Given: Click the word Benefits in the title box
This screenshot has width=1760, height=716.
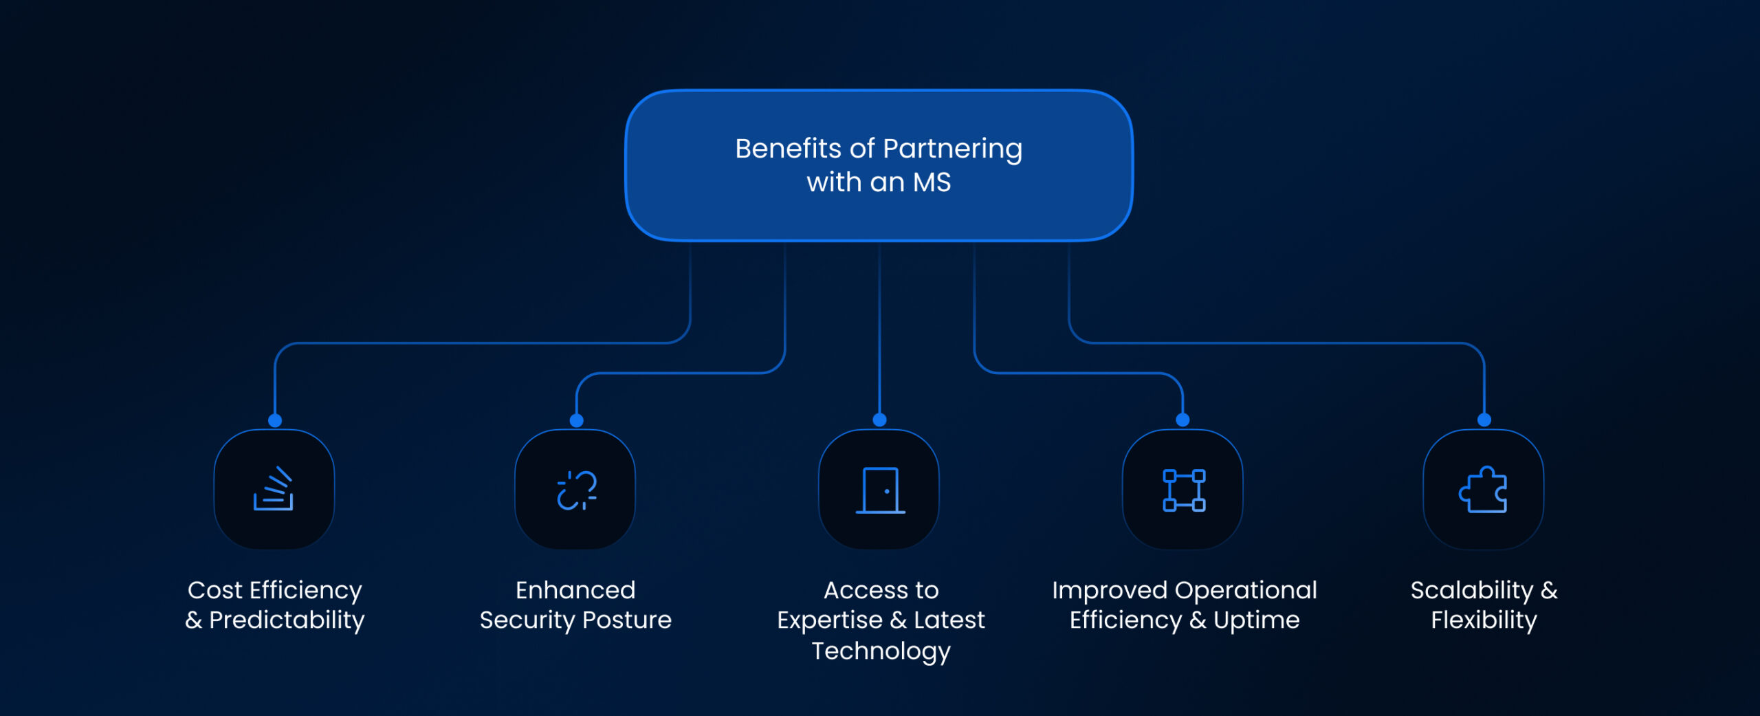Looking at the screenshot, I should coord(788,149).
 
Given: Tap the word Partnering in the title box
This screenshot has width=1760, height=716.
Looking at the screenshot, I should coord(952,149).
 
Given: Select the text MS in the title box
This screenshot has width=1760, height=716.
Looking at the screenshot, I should coord(932,182).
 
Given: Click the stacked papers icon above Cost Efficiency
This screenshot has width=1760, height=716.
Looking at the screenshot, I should coord(274,490).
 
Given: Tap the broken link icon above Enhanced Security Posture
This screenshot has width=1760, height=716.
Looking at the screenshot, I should coord(576,490).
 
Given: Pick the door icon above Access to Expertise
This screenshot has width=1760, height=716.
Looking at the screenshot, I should coord(880,490).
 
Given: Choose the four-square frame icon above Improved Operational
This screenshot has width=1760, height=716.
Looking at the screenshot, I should coord(1183,490).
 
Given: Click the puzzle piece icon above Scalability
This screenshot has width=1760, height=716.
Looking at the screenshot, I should coord(1484,490).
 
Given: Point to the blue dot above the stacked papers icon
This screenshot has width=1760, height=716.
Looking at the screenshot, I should coord(275,420).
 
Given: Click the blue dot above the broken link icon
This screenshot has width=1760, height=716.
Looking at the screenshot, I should coord(577,420).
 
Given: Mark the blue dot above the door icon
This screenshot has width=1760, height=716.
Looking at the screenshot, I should coord(879,420).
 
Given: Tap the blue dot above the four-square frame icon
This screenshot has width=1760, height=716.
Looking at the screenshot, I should coord(1182,420).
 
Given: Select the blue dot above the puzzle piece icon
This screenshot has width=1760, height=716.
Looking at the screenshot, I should coord(1484,420).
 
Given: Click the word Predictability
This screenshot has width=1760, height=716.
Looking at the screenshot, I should coord(287,620).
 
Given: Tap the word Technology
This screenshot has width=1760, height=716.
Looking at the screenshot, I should coord(881,651).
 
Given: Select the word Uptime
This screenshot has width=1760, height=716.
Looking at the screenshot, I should coord(1256,620).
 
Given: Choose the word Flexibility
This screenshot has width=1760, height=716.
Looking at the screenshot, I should coord(1484,620).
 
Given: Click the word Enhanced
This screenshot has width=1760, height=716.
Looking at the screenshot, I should coord(575,590).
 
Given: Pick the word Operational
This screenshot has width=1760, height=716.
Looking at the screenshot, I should coord(1246,590).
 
